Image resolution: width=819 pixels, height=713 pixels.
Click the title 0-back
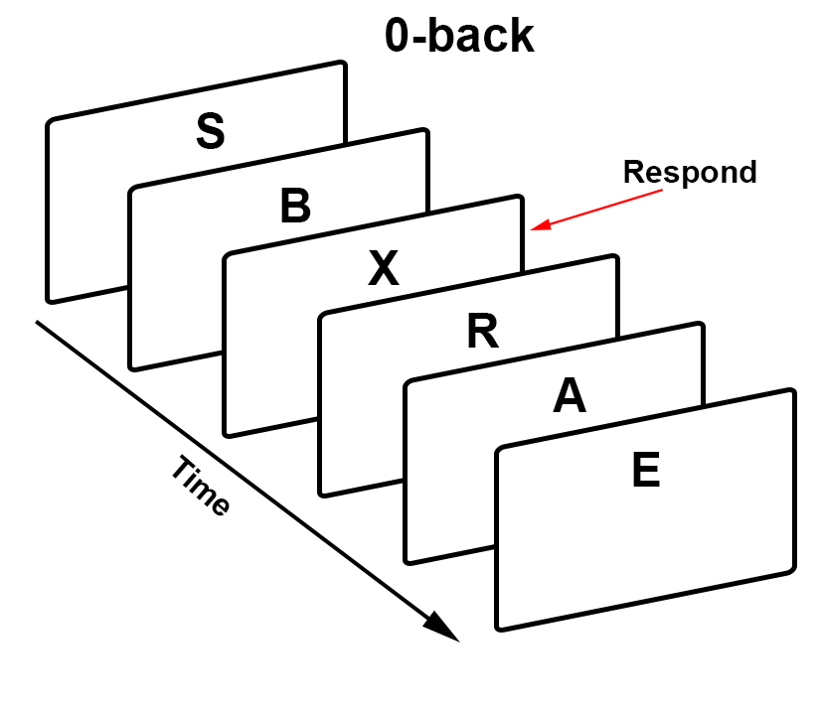coord(459,37)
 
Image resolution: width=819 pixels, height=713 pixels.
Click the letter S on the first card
coord(210,132)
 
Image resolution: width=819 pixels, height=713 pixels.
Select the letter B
coord(295,207)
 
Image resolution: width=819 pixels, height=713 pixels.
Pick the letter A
coord(570,397)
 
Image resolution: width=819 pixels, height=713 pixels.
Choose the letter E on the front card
coord(646,472)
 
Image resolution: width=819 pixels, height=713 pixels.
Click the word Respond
coord(690,172)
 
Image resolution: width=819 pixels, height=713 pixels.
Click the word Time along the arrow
coord(200,487)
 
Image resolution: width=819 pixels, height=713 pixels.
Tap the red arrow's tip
coord(532,230)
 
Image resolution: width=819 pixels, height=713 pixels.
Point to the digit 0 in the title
coord(400,37)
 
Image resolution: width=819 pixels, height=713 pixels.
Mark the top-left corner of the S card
coord(48,122)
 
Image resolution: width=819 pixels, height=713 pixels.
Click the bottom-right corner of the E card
coord(794,573)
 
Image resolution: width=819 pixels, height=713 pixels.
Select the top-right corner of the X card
coord(520,197)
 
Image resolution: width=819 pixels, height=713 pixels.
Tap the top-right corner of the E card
coord(793,391)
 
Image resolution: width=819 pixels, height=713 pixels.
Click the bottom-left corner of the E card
coord(498,628)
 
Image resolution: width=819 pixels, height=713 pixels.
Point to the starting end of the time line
coord(38,321)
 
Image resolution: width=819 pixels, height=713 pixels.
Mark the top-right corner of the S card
coord(344,64)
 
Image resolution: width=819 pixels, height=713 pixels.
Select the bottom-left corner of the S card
coord(49,300)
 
